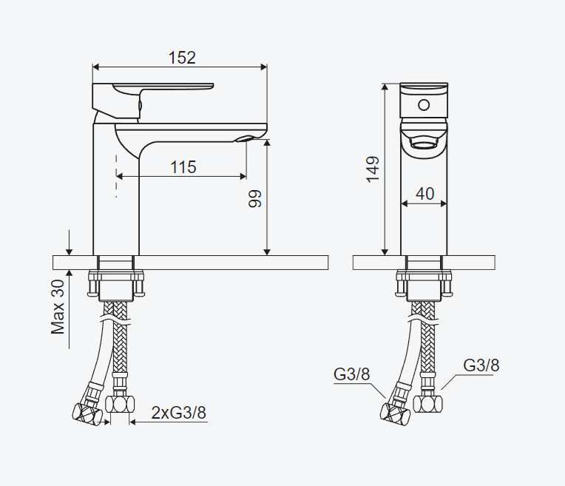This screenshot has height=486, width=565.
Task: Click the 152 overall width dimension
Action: click(183, 58)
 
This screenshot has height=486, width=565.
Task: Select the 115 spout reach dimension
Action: click(183, 167)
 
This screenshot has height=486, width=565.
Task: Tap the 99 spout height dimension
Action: click(254, 198)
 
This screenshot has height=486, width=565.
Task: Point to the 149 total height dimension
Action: click(373, 169)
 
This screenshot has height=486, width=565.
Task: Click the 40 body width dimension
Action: click(424, 194)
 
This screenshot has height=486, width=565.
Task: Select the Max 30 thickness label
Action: click(58, 307)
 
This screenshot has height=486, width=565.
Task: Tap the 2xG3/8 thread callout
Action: click(179, 413)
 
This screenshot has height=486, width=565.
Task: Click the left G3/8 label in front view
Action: click(352, 374)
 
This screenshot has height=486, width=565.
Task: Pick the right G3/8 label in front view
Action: click(481, 365)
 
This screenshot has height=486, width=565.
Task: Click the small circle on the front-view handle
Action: click(424, 105)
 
